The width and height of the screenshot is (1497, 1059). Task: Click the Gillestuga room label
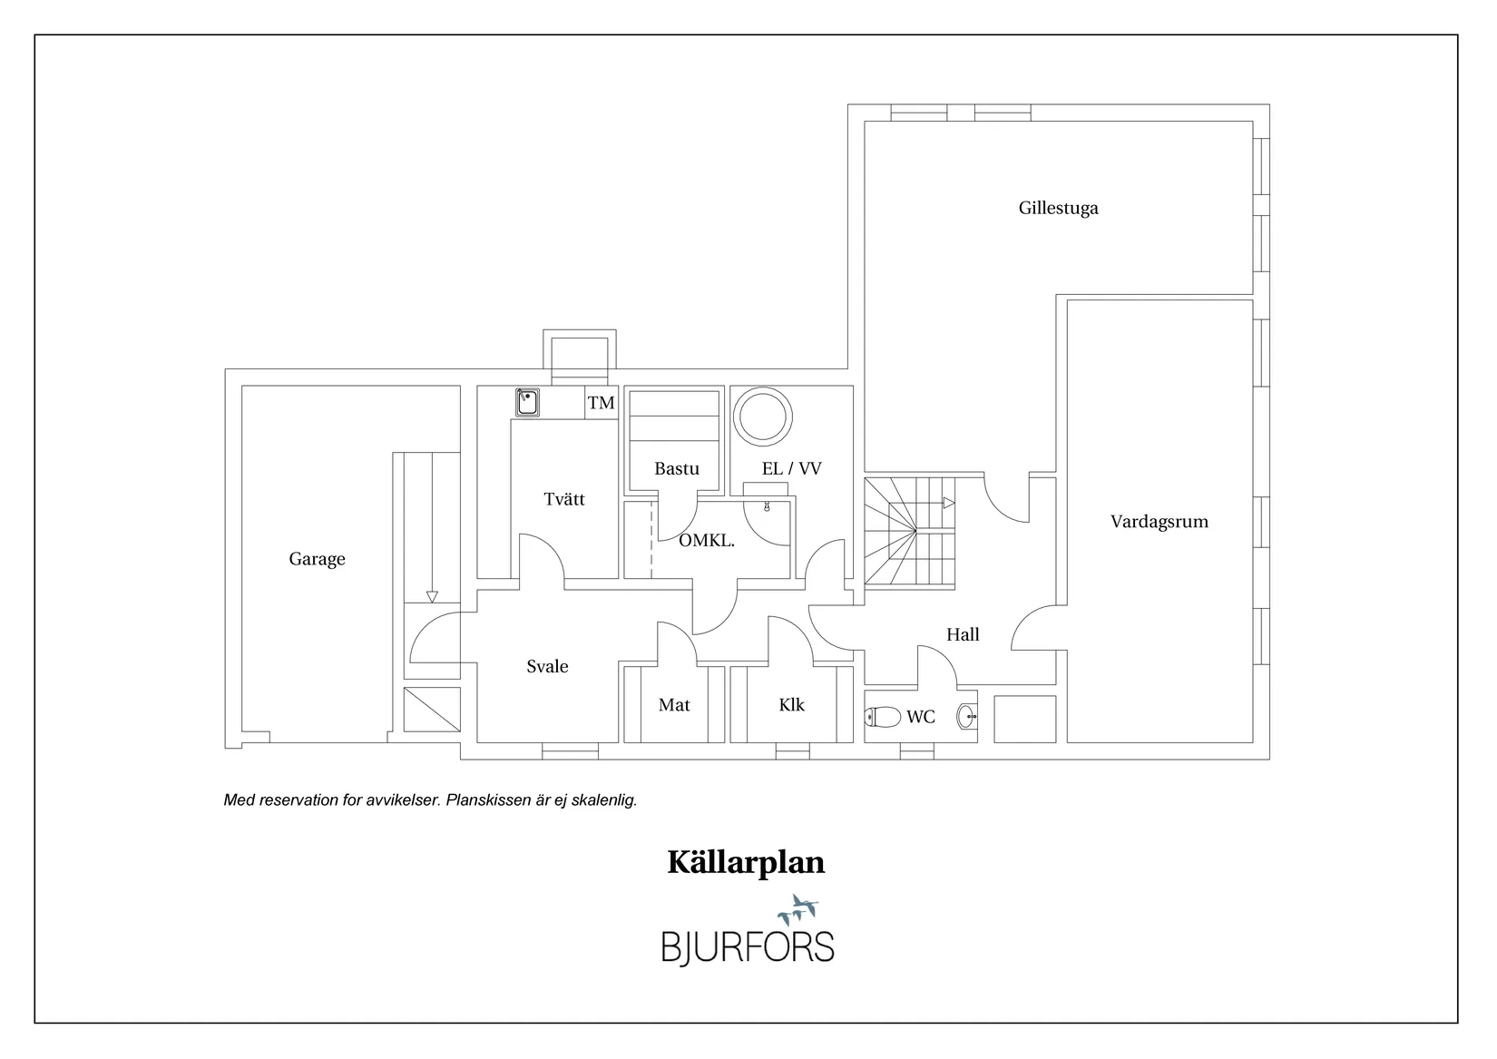click(x=1058, y=208)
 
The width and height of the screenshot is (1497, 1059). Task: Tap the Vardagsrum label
click(x=1159, y=522)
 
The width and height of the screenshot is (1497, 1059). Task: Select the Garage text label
click(x=317, y=559)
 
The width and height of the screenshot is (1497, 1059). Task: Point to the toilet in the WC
click(x=881, y=717)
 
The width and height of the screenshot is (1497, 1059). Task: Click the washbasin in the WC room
click(x=967, y=717)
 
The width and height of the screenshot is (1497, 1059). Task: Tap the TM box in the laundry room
click(x=601, y=403)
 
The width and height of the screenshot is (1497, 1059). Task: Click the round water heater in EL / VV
click(x=762, y=417)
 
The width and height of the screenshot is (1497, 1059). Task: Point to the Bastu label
click(x=677, y=469)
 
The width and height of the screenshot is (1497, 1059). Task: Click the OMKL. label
click(x=707, y=541)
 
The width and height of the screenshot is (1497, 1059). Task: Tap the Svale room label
click(x=547, y=667)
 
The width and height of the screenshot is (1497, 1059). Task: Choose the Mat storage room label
click(x=674, y=705)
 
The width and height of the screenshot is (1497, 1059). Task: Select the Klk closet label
click(x=791, y=705)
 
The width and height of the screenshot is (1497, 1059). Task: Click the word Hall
click(x=963, y=635)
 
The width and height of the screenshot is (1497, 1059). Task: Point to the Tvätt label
click(x=564, y=499)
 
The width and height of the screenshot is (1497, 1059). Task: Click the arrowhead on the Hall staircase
click(x=949, y=503)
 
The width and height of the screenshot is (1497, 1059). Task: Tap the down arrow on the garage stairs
click(x=432, y=596)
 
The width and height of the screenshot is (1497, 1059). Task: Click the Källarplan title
click(x=746, y=862)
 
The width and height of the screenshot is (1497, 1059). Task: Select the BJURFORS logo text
click(x=747, y=946)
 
